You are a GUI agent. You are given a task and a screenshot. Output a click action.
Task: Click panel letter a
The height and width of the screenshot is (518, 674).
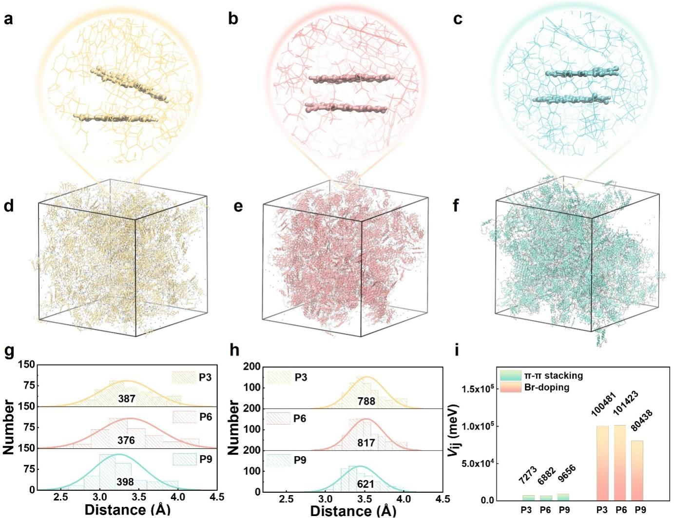point(8,19)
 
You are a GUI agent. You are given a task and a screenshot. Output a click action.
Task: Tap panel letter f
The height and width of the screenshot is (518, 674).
point(456,206)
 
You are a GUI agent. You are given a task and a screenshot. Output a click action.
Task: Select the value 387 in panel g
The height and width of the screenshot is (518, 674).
point(127,399)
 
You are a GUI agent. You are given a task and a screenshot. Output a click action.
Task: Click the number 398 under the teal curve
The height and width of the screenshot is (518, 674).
point(125,482)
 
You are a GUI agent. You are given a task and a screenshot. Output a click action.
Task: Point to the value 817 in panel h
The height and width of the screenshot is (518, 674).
point(366,442)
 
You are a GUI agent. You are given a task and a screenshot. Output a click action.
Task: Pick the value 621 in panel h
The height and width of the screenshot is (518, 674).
point(366,484)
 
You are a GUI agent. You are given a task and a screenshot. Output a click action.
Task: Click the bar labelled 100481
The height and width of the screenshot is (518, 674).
point(602,463)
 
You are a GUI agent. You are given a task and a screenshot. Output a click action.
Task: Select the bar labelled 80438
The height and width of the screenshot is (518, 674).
point(640,470)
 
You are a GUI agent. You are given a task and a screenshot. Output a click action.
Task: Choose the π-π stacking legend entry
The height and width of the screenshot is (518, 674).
point(553,376)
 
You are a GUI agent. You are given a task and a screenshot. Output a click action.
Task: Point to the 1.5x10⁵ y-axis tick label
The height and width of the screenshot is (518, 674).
point(478,389)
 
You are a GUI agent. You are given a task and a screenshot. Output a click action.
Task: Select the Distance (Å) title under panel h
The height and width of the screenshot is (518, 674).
point(353,511)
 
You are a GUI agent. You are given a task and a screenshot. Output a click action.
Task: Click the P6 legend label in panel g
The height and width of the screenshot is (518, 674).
point(205,417)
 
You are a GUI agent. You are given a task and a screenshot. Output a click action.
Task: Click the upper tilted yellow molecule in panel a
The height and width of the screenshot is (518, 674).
point(129,84)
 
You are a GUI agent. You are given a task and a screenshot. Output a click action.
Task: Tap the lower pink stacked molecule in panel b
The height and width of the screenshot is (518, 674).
point(346,107)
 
